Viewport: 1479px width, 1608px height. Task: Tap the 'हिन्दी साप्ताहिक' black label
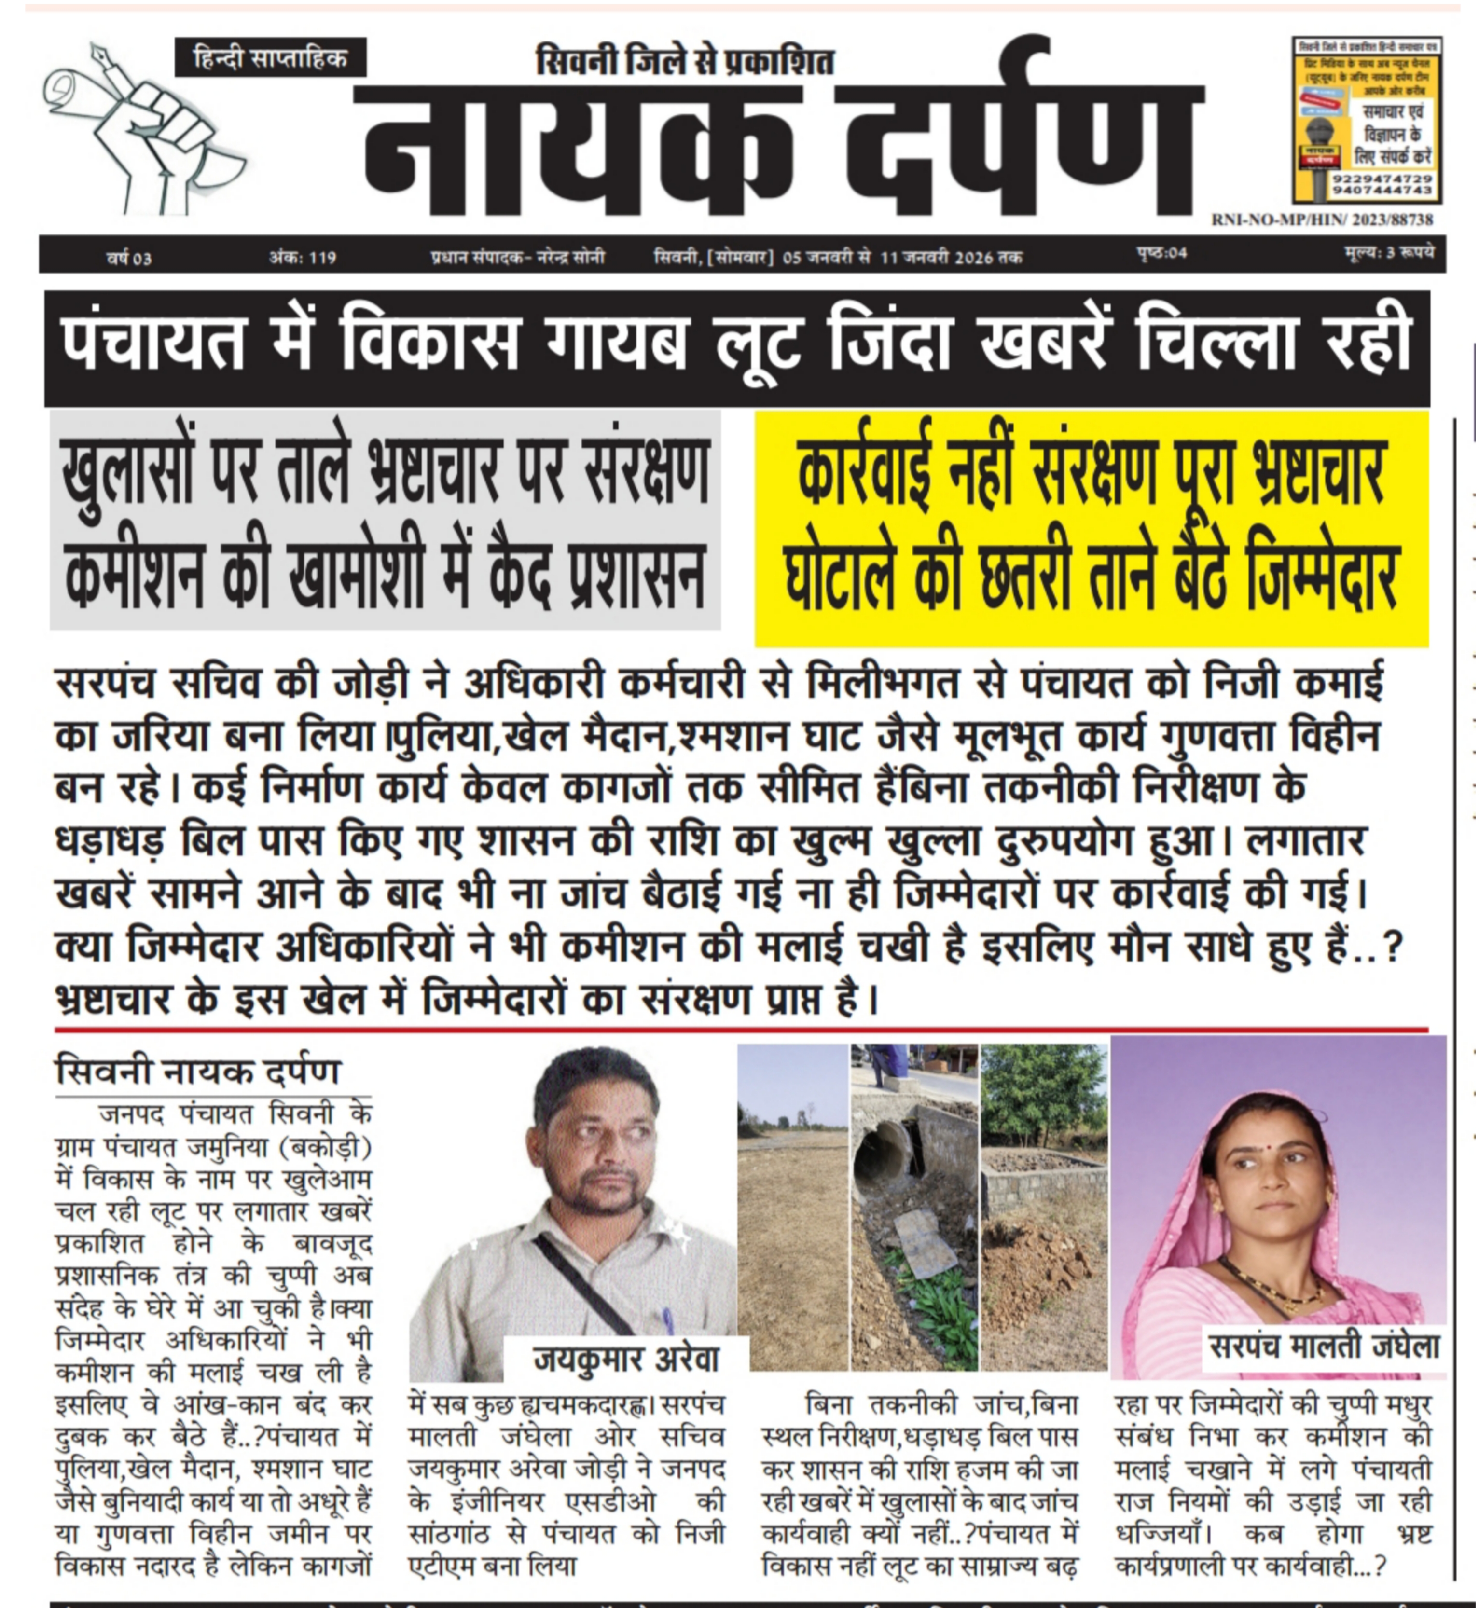271,57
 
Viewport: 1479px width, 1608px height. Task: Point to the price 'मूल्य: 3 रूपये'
1389,254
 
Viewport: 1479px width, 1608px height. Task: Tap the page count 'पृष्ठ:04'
1161,254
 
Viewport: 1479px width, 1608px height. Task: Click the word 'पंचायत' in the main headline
152,345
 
